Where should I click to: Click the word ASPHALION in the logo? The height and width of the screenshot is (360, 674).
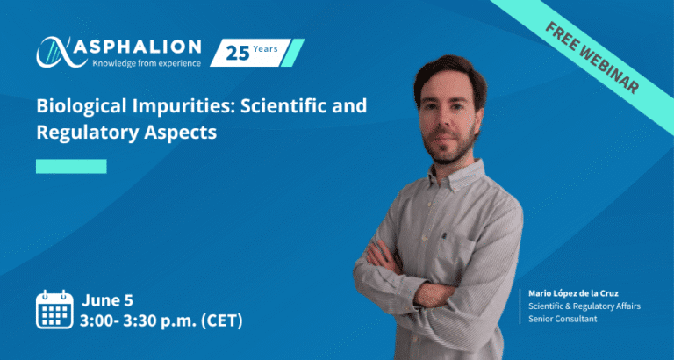[137, 47]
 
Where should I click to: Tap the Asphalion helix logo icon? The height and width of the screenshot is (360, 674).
[57, 53]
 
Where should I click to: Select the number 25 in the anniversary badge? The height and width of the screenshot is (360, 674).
[238, 54]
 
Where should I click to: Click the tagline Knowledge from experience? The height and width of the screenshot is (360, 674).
[146, 63]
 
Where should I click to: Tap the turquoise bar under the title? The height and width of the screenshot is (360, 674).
[71, 167]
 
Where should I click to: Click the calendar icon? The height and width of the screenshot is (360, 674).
[54, 310]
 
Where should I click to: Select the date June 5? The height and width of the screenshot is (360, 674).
[107, 300]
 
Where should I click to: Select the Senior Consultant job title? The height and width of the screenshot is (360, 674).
[557, 320]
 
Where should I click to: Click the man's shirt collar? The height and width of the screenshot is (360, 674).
[455, 176]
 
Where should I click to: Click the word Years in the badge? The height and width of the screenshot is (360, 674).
[265, 49]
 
